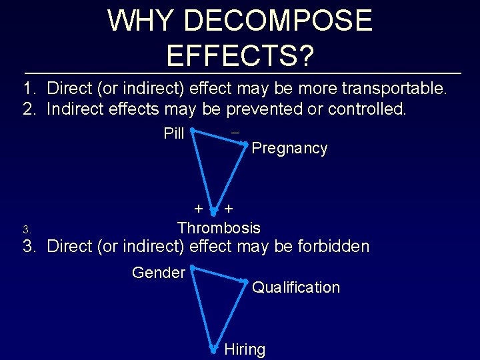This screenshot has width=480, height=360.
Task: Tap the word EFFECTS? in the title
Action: [x=240, y=56]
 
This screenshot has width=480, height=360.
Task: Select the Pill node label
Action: [x=174, y=133]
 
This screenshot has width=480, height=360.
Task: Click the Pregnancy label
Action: [x=290, y=149]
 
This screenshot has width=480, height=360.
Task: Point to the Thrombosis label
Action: [x=219, y=228]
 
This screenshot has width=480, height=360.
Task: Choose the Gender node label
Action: [x=159, y=273]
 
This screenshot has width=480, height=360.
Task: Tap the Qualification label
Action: [x=296, y=288]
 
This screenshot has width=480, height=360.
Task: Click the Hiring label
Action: [x=245, y=349]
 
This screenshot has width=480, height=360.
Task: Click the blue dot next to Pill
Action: [x=191, y=130]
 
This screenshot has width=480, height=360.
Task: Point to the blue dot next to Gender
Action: [x=191, y=268]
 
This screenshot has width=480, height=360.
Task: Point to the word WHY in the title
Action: [x=136, y=21]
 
